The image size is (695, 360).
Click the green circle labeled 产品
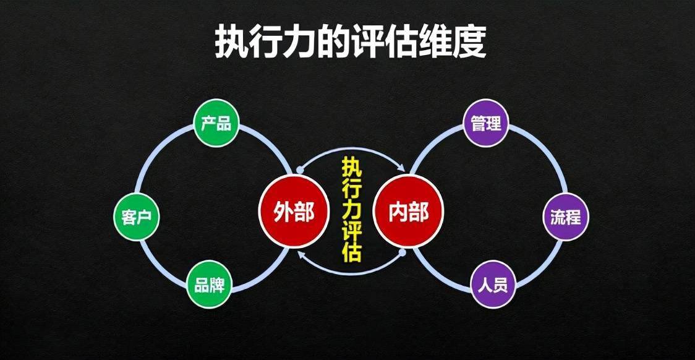coord(216,124)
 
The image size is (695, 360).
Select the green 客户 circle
coord(137,217)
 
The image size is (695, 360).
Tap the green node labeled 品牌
coord(209,285)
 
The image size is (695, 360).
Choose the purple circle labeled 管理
coord(486,123)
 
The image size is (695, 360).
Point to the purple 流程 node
coord(566,217)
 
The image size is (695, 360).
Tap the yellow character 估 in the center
coord(351,252)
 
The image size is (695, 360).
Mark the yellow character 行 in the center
coord(351,189)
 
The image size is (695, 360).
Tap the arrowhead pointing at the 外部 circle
coord(301,254)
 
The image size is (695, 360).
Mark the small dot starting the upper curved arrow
coord(300,170)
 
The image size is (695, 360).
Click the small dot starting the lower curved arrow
coord(403,253)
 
